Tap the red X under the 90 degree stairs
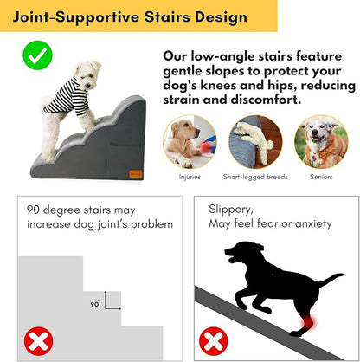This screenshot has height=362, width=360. (38, 341)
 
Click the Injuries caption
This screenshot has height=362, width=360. (190, 177)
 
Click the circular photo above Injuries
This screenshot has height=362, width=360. (190, 140)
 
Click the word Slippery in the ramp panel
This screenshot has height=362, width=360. (230, 209)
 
